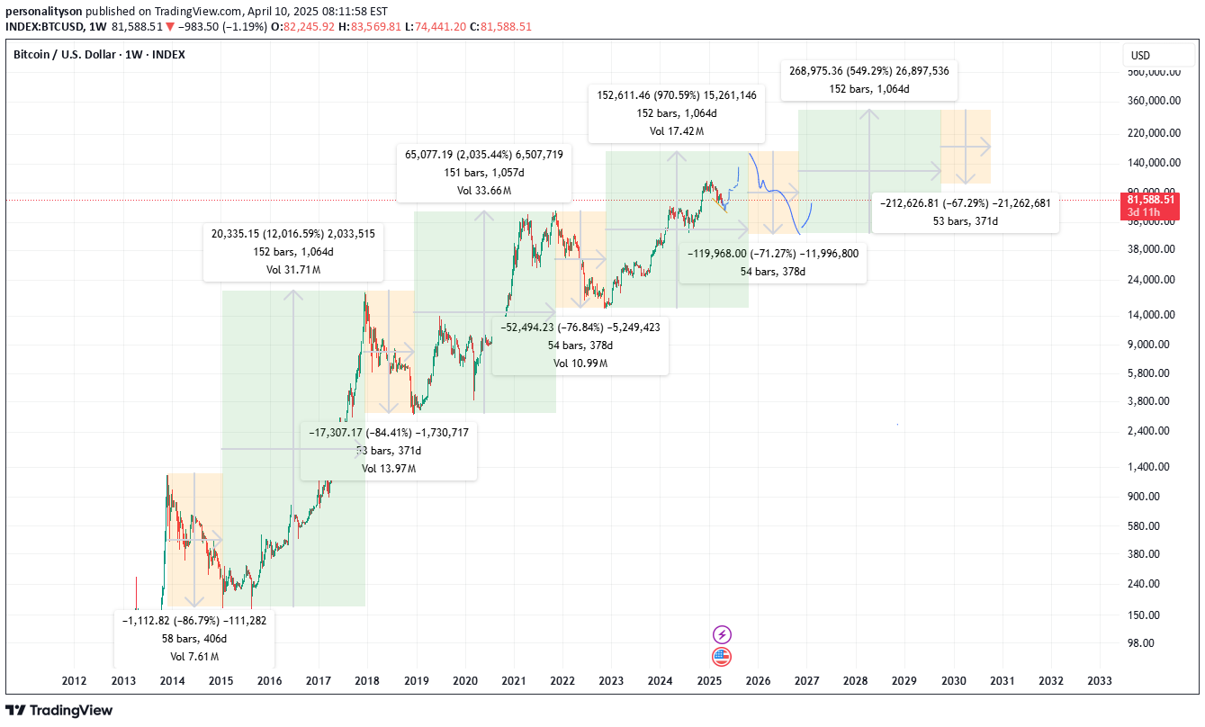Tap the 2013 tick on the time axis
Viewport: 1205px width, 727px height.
(x=122, y=681)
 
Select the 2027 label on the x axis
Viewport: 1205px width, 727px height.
(x=806, y=681)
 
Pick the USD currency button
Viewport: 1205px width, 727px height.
(x=1140, y=56)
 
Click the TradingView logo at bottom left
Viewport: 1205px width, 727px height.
(x=59, y=710)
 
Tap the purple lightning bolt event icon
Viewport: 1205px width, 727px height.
(x=722, y=634)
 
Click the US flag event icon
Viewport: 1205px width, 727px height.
(x=722, y=656)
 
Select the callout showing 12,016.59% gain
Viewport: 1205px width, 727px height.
(x=293, y=251)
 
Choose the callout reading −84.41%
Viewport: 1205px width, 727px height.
(x=389, y=450)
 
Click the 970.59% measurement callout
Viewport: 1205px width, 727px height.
(x=676, y=112)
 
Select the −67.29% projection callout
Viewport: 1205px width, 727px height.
(x=965, y=211)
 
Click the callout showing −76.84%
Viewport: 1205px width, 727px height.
(x=580, y=345)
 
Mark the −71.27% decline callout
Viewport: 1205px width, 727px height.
(x=773, y=262)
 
